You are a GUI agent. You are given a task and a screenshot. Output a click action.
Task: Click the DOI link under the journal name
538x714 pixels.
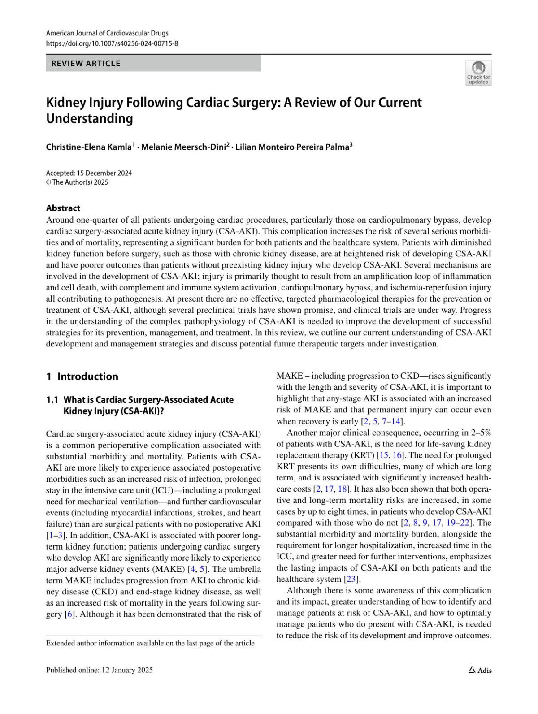pos(112,43)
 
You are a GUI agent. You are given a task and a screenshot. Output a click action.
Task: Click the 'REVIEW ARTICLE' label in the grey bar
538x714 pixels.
pos(86,64)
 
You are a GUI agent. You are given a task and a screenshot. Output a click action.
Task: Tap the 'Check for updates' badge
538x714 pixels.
pos(478,73)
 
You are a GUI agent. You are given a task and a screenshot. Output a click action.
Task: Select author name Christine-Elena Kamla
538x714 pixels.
pos(89,147)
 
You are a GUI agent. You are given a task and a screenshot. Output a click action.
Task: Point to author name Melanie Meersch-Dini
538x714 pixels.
pos(184,147)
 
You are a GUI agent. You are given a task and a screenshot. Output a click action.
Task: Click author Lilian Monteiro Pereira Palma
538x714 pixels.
pos(292,147)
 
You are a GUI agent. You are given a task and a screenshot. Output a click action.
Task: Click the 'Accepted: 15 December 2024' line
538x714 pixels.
pos(89,173)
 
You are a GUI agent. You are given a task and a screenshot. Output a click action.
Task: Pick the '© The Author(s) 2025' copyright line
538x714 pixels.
pos(77,182)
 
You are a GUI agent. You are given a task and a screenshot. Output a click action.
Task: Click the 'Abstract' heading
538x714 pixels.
pos(63,208)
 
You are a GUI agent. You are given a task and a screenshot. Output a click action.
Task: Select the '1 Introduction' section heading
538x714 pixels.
pos(82,376)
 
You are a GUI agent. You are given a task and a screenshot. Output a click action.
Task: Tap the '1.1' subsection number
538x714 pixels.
pos(52,400)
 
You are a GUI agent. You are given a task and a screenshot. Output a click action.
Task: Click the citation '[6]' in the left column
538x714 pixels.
pos(69,614)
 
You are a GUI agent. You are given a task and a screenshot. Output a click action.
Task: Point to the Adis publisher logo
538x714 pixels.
pos(480,670)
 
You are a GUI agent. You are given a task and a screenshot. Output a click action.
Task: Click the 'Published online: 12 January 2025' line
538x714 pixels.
pos(99,670)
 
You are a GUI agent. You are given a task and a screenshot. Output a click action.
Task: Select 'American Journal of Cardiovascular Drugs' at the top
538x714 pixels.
pos(107,33)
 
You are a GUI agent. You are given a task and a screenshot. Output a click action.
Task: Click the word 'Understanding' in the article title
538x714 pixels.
pos(90,119)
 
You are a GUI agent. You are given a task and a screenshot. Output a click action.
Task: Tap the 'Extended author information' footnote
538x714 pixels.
pos(150,643)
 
